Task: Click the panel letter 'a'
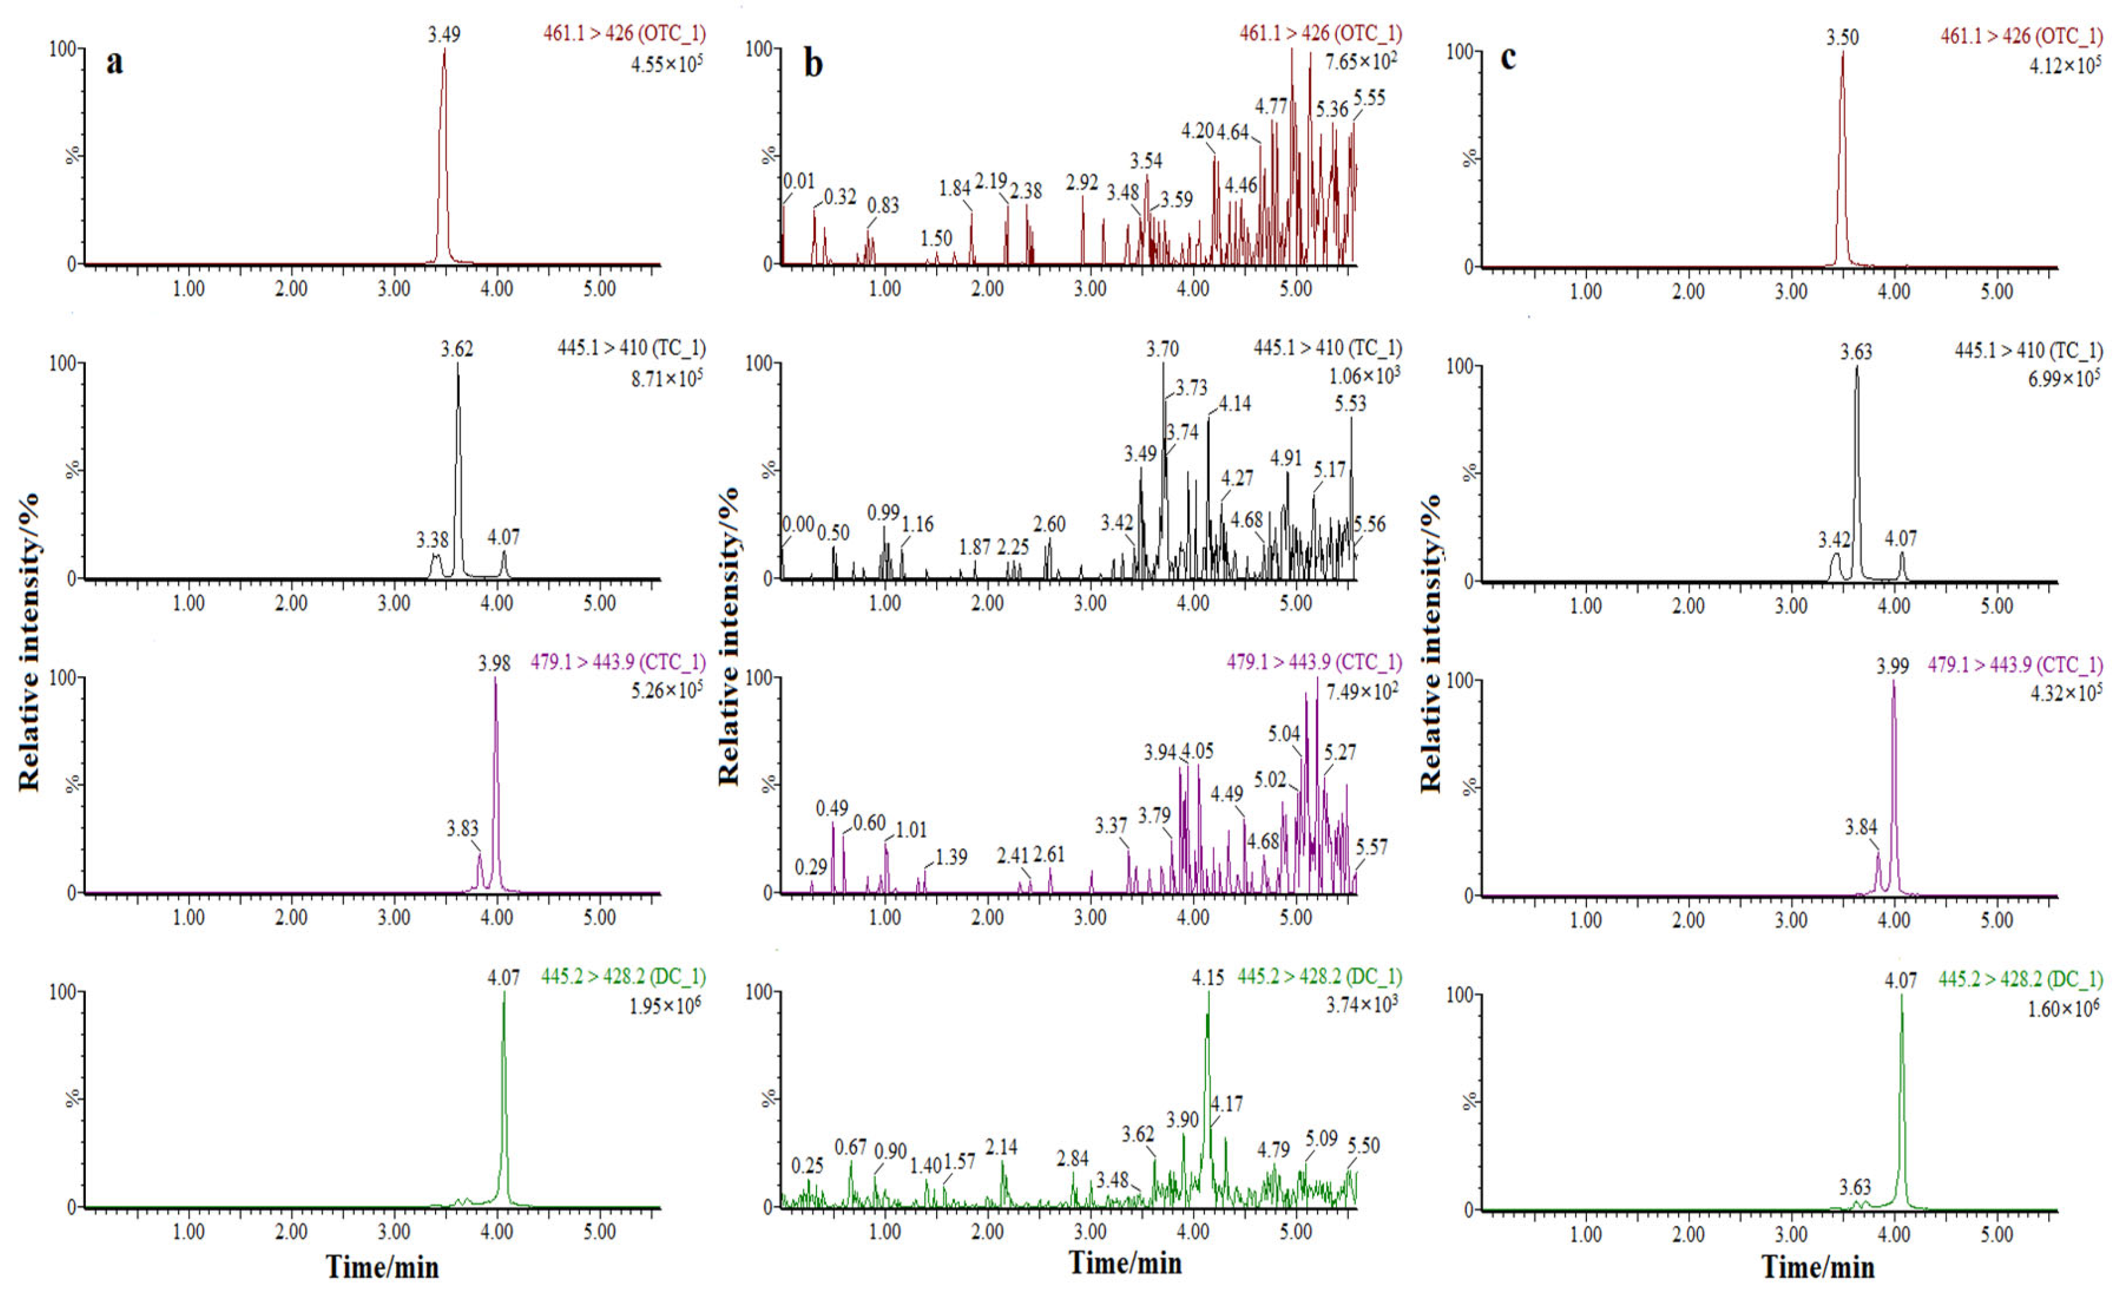pos(114,62)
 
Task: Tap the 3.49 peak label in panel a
pos(444,34)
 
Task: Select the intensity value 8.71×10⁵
pos(667,378)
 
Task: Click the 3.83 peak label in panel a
pos(462,828)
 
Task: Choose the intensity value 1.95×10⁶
pos(665,1005)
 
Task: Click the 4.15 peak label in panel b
pos(1208,978)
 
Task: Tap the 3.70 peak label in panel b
pos(1162,349)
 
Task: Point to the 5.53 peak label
pos(1350,404)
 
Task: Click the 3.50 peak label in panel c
pos(1842,37)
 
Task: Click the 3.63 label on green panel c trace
pos(1855,1187)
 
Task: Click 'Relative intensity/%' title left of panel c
pos(1430,642)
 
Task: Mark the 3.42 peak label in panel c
pos(1835,540)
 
